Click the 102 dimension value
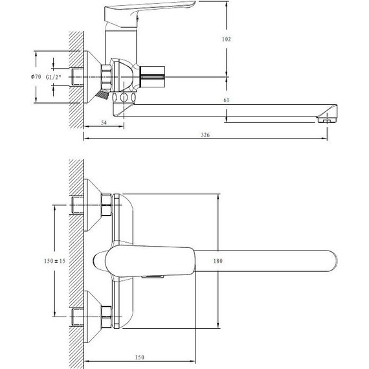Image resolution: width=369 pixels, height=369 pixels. [x=226, y=39]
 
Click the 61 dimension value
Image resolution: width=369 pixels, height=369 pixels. [x=226, y=100]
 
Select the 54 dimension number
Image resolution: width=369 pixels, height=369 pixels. [x=104, y=122]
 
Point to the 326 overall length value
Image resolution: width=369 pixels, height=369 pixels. [x=205, y=135]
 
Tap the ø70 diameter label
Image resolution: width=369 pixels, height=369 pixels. [x=36, y=76]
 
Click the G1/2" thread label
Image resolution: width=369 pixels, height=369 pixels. [x=54, y=77]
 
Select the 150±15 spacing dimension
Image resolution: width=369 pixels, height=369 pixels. [x=54, y=261]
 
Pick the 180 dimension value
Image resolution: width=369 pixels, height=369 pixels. [x=218, y=261]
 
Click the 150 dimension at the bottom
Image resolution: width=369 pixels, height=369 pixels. [x=140, y=357]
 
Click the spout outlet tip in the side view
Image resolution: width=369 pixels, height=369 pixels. [x=328, y=120]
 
